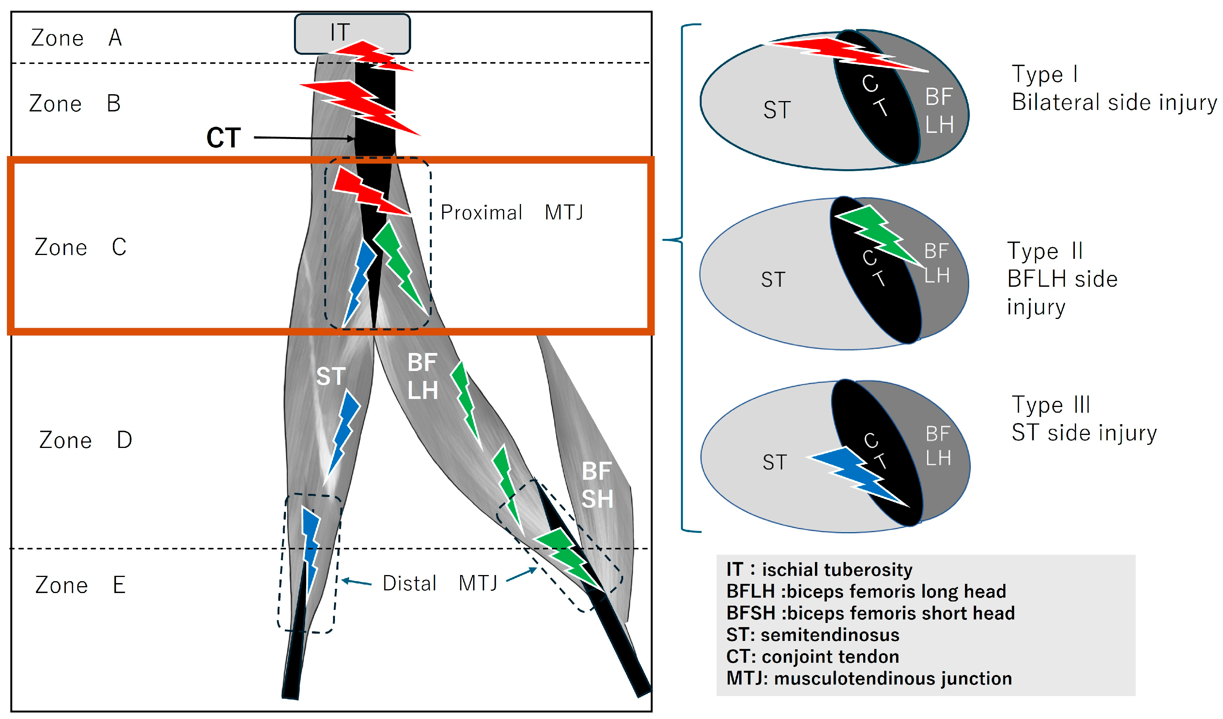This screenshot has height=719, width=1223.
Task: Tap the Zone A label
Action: (x=76, y=38)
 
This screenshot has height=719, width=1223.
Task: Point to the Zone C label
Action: (x=80, y=247)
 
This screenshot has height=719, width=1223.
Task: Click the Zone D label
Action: (x=85, y=440)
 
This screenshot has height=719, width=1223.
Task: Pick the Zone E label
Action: (x=80, y=585)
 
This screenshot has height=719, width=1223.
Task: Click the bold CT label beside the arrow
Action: (x=223, y=138)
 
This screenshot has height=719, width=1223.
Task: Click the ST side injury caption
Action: (x=1084, y=433)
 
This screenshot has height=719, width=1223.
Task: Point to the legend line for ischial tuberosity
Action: (x=819, y=569)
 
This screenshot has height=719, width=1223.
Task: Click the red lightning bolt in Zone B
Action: (x=359, y=107)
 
